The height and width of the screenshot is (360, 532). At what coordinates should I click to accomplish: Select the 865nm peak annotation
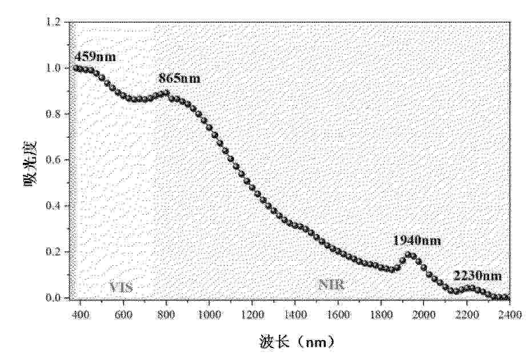[x=180, y=78]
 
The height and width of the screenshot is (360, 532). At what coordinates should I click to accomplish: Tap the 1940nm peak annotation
[x=417, y=241]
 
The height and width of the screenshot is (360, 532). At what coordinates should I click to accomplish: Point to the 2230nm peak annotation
[x=477, y=277]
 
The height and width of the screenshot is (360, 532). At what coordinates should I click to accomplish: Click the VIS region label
[x=121, y=287]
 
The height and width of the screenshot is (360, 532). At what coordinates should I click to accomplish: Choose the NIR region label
[x=331, y=285]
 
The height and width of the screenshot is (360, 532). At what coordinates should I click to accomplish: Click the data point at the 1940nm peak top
[x=409, y=254]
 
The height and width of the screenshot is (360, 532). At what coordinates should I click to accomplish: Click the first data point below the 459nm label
[x=76, y=68]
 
